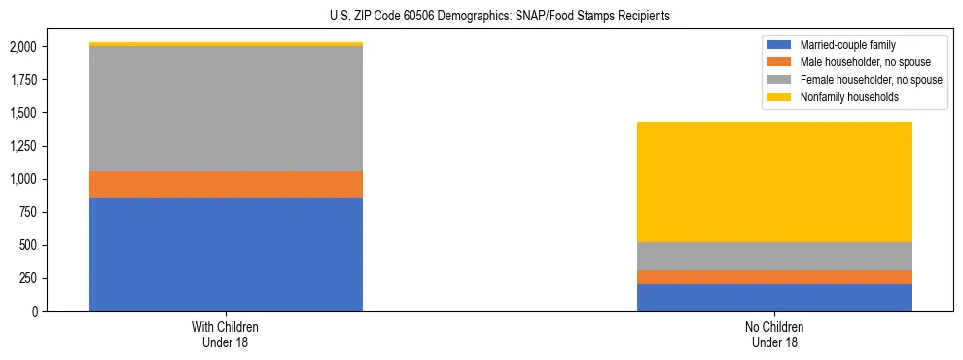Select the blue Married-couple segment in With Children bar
[226, 254]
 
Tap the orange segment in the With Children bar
[226, 184]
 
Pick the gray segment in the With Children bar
[226, 109]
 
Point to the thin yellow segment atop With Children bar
[226, 44]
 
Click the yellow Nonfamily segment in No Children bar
[774, 182]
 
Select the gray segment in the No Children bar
[774, 256]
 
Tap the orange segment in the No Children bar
[774, 277]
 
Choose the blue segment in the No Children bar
[774, 298]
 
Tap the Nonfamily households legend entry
[842, 97]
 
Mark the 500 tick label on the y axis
[27, 245]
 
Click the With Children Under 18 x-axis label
[226, 335]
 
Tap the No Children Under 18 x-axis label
[774, 335]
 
